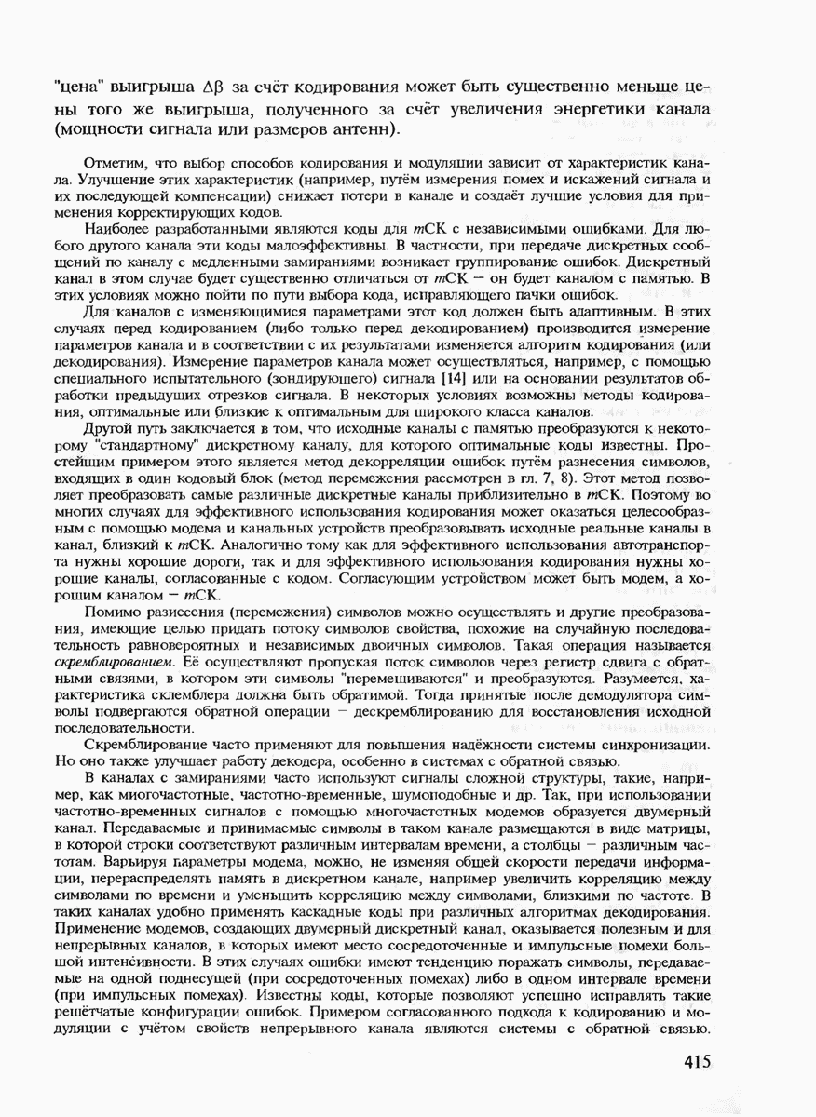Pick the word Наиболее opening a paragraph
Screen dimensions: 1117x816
pos(116,228)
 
